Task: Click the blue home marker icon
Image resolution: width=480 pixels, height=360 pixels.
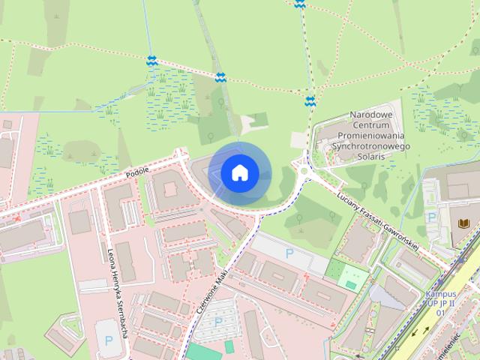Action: (x=239, y=173)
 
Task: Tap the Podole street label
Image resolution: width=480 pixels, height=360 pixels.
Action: (x=138, y=172)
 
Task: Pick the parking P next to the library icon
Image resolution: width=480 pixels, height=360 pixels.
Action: (x=431, y=216)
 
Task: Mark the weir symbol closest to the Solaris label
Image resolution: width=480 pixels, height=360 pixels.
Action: (x=310, y=100)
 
